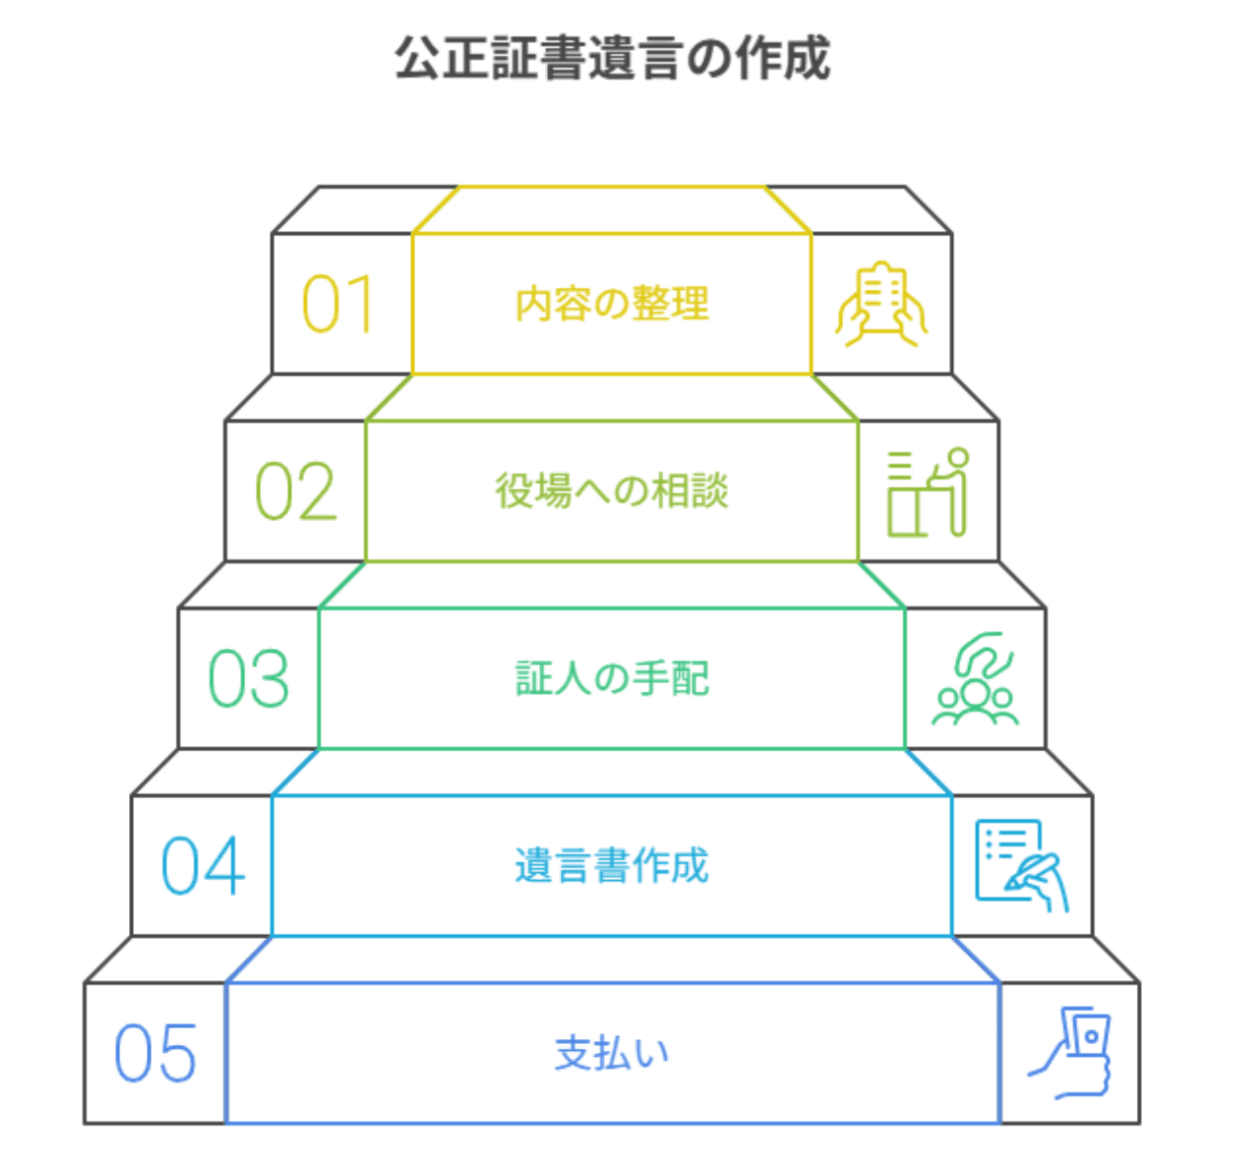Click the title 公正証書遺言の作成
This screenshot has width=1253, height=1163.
click(x=613, y=58)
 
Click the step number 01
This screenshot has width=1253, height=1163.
click(x=338, y=305)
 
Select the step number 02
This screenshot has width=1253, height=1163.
click(x=296, y=492)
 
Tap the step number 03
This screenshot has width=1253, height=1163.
click(x=249, y=680)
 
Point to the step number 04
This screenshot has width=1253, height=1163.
click(x=203, y=866)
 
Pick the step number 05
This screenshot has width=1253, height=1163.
click(x=155, y=1054)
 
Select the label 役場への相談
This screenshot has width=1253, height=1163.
click(x=612, y=491)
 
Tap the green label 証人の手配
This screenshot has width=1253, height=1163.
click(x=612, y=679)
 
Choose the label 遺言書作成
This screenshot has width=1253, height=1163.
click(x=612, y=866)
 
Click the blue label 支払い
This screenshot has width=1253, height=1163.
click(x=612, y=1053)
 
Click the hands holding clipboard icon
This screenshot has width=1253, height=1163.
click(x=882, y=305)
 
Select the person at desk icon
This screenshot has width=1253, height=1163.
click(x=928, y=492)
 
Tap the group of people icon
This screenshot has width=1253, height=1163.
click(x=975, y=680)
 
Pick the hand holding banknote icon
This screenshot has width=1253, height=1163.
click(x=1069, y=1053)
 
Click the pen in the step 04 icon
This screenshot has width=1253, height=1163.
click(x=1033, y=870)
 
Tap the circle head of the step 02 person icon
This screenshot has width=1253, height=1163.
click(x=958, y=458)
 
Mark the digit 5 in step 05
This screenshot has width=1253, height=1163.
click(x=179, y=1054)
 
